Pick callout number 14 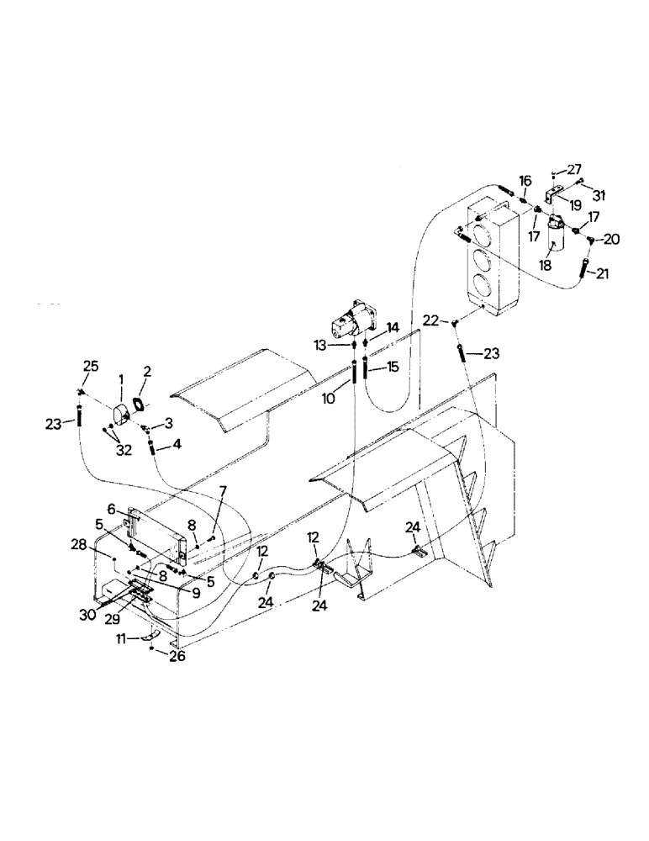tap(392, 327)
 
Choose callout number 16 tap(525, 181)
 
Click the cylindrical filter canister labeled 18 tap(554, 235)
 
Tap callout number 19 tap(574, 204)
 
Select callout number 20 tap(612, 239)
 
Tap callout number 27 tap(574, 169)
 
